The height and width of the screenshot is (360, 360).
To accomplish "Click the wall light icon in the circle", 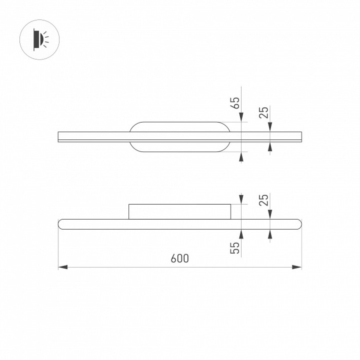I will [x=39, y=39].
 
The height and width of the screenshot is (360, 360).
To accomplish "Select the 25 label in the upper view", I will [x=264, y=112].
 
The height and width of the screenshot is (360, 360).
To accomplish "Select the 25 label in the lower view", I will [x=264, y=200].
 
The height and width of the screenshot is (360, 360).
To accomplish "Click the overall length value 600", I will [x=179, y=258].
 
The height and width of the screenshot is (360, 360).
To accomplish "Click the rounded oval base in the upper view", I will [x=179, y=137].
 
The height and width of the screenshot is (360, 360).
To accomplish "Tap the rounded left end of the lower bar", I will [x=62, y=224].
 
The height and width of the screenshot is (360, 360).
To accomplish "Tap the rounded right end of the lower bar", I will [x=298, y=224].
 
